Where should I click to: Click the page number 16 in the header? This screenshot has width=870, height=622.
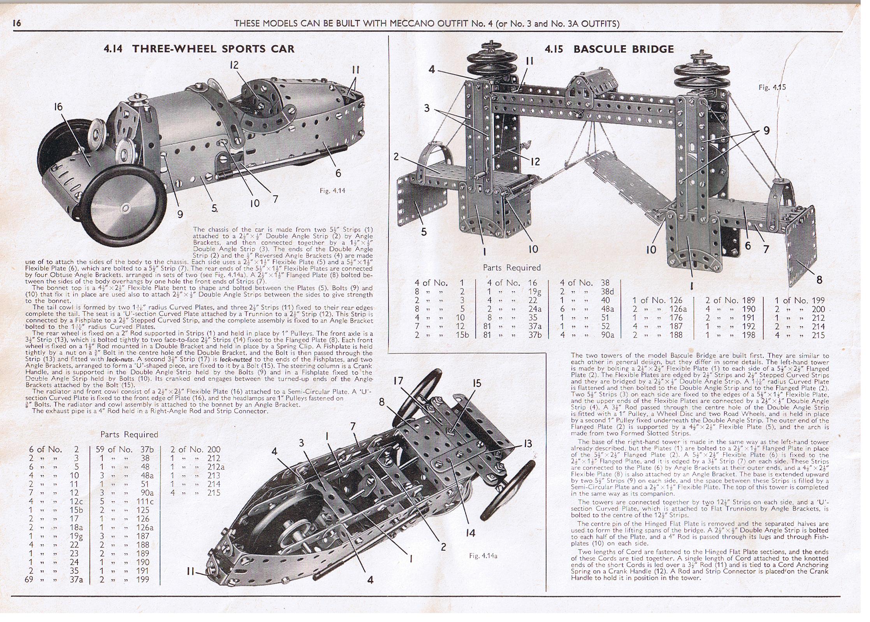point(17,23)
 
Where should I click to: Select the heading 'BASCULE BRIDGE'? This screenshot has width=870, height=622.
point(623,49)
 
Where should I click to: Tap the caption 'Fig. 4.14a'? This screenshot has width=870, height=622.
point(483,556)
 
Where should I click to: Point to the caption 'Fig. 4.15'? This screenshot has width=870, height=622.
point(772,87)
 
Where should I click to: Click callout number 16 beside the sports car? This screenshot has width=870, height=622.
point(58,107)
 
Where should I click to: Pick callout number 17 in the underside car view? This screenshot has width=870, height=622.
point(398,381)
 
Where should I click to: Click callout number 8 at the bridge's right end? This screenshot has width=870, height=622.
point(819,280)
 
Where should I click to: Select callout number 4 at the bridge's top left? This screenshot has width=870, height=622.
point(432,69)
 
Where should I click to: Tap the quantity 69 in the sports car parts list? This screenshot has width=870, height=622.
point(29,579)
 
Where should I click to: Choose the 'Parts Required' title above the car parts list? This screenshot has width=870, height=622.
point(129,434)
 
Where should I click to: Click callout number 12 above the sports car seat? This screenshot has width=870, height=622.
point(234,65)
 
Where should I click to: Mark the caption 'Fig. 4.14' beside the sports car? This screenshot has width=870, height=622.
point(332,191)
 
